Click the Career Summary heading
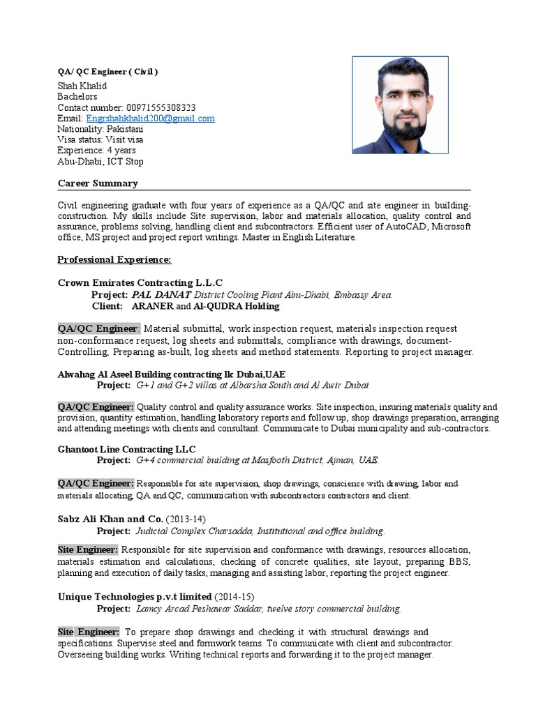[97, 183]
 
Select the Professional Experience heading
[114, 259]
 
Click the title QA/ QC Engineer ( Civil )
[107, 72]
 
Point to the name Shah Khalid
[82, 86]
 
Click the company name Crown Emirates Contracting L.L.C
[140, 282]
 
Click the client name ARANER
[152, 306]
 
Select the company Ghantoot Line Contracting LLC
[126, 448]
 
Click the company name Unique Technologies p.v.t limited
[134, 597]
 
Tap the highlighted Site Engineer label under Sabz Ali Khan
[88, 549]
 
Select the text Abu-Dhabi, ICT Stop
[100, 162]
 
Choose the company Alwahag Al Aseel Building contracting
[171, 374]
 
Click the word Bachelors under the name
[77, 97]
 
